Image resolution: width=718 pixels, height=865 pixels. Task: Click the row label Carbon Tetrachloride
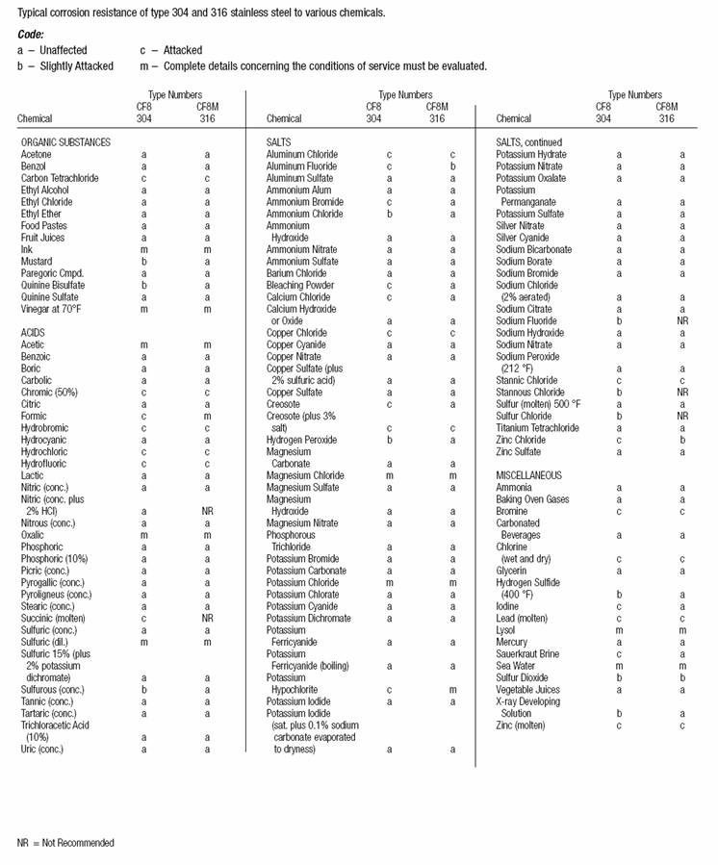click(64, 178)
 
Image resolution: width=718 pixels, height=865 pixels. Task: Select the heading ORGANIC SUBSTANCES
click(65, 142)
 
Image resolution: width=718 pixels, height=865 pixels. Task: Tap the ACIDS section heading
click(33, 332)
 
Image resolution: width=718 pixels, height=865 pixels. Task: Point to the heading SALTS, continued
click(529, 142)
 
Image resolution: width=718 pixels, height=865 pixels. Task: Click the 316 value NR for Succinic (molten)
click(207, 618)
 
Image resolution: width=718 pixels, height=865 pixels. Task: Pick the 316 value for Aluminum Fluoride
click(451, 166)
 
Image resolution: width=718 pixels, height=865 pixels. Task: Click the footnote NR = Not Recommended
click(65, 843)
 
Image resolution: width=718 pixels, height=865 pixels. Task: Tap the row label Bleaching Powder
click(302, 286)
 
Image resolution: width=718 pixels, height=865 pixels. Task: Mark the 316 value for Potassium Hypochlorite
click(451, 689)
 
